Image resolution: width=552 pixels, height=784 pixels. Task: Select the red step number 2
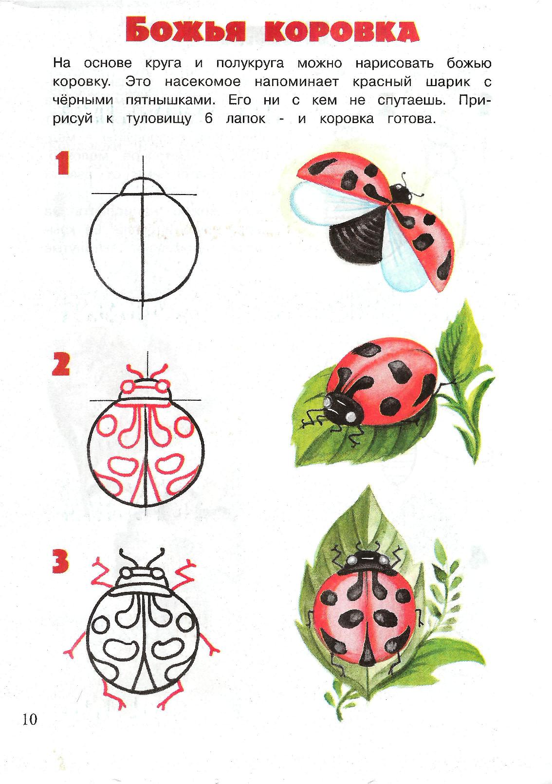click(61, 364)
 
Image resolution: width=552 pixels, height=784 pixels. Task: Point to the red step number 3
click(60, 561)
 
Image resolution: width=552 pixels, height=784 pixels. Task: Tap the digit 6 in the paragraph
click(208, 119)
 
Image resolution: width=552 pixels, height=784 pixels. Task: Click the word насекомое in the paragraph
click(203, 82)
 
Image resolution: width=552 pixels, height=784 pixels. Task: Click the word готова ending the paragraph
click(411, 119)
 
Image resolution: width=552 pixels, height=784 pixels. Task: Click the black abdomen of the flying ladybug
click(357, 238)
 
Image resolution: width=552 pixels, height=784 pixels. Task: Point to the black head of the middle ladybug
click(342, 408)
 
